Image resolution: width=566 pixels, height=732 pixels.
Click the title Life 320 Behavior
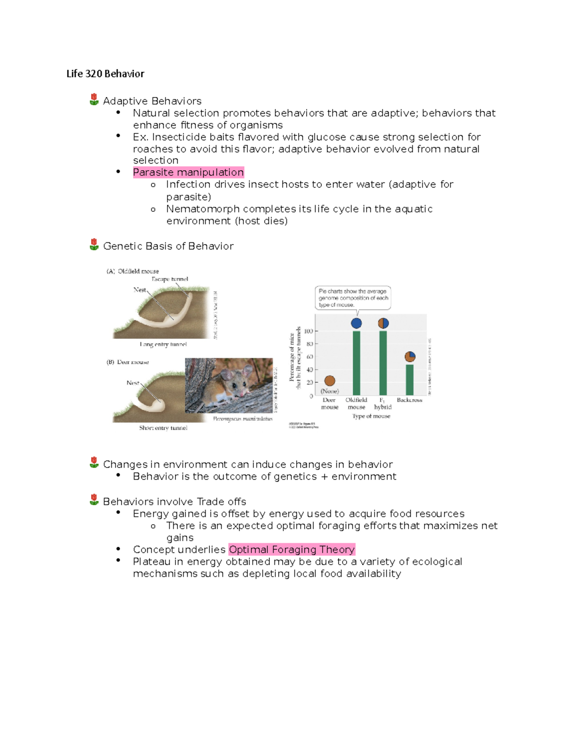click(x=105, y=74)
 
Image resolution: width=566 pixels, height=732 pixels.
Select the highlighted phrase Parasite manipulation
click(x=188, y=173)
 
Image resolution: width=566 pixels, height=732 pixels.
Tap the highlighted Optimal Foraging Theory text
click(x=291, y=550)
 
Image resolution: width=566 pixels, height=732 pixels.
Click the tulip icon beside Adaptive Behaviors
click(x=94, y=99)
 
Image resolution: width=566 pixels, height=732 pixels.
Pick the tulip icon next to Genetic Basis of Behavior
click(x=94, y=245)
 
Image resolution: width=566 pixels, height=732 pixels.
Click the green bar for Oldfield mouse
click(x=357, y=363)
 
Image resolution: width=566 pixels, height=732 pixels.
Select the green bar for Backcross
click(x=410, y=379)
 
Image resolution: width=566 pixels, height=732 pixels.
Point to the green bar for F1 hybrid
click(x=383, y=363)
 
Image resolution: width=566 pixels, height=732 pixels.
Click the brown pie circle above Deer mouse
click(x=330, y=380)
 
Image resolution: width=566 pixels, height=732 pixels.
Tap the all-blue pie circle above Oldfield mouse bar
click(x=357, y=323)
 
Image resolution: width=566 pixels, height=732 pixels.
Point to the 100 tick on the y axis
click(x=308, y=331)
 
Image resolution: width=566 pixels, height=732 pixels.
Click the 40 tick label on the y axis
click(x=309, y=370)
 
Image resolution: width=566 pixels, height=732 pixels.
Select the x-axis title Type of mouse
click(x=371, y=416)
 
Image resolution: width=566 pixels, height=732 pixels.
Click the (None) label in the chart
click(x=330, y=391)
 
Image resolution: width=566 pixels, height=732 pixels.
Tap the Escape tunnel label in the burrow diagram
click(x=170, y=279)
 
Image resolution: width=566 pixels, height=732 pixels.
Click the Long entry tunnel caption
click(x=163, y=345)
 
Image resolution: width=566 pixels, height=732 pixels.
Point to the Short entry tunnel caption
click(x=163, y=428)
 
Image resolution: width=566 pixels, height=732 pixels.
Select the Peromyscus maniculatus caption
click(x=242, y=419)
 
